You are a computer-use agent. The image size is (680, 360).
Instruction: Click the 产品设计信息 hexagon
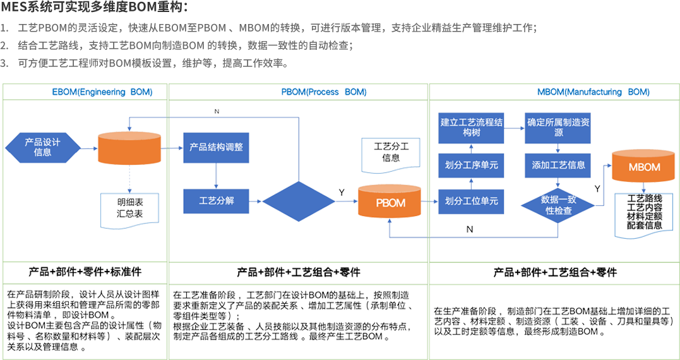(42, 147)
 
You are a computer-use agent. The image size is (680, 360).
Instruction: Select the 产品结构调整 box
(216, 147)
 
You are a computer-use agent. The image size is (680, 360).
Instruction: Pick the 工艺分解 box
(216, 200)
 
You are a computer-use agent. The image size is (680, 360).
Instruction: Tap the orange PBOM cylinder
(390, 203)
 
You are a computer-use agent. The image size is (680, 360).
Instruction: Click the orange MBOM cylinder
(644, 167)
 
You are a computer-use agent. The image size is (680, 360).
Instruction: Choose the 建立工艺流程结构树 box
(471, 128)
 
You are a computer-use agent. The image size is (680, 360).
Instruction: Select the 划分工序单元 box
(471, 165)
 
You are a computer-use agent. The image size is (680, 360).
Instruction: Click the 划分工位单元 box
(471, 201)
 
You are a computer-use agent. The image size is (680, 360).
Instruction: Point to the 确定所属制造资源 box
(558, 128)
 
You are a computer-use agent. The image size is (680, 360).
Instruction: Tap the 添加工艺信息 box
(558, 165)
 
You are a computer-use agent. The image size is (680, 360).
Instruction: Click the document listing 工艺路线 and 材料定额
(645, 212)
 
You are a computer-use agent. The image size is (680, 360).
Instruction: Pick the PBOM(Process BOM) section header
(323, 92)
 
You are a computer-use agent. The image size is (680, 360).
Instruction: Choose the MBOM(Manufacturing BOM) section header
(594, 92)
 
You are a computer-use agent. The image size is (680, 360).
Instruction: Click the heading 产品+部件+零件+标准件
(85, 272)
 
